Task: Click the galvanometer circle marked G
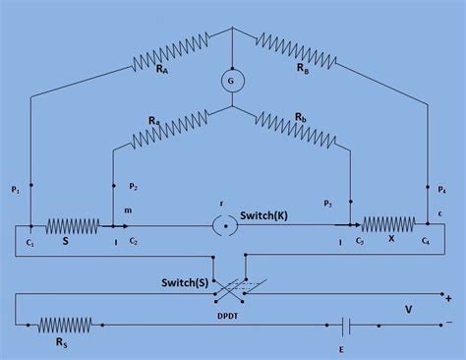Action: [232, 85]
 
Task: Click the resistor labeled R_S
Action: [65, 325]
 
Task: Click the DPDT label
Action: [234, 315]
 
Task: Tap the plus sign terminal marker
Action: [448, 298]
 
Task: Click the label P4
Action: [441, 189]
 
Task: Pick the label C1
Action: [29, 241]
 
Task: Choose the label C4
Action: [426, 241]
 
